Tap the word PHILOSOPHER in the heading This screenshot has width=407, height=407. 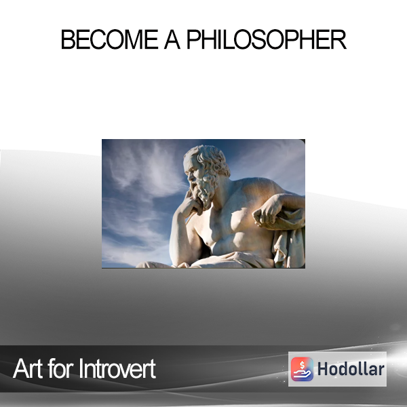tap(267, 39)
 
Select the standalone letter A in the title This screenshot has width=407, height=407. tap(172, 39)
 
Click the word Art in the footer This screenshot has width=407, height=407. tap(28, 368)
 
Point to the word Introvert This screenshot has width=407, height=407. tap(117, 368)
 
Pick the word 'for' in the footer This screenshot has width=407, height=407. tap(61, 368)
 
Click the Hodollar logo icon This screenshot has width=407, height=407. tap(302, 369)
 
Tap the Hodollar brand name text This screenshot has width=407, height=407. tap(351, 369)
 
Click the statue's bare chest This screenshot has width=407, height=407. tap(229, 223)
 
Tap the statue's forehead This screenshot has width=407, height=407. tap(190, 163)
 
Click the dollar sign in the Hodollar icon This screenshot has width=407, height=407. tap(302, 365)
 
